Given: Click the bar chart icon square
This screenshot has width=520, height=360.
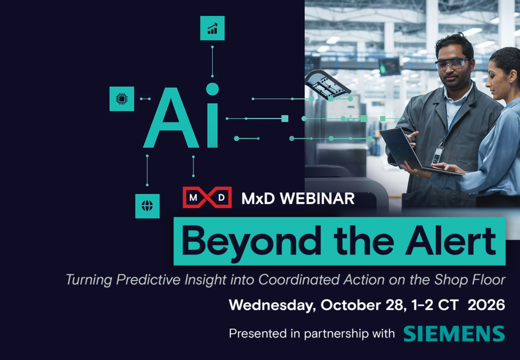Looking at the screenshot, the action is pyautogui.click(x=212, y=28).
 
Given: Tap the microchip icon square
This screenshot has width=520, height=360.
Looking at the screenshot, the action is pyautogui.click(x=122, y=99).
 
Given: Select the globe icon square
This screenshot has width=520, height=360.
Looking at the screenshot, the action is pyautogui.click(x=147, y=206).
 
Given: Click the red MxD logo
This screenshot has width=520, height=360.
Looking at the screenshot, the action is pyautogui.click(x=207, y=198).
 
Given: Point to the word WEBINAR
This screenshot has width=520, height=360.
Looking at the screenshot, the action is pyautogui.click(x=317, y=199).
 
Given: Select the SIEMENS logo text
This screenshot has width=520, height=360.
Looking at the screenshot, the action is pyautogui.click(x=454, y=334).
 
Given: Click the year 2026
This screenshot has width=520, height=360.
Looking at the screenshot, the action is pyautogui.click(x=486, y=305).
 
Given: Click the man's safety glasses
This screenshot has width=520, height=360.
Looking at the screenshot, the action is pyautogui.click(x=451, y=63).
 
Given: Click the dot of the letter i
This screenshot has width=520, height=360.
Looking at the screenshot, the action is pyautogui.click(x=212, y=89).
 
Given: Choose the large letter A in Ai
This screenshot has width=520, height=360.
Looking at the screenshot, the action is pyautogui.click(x=172, y=118).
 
